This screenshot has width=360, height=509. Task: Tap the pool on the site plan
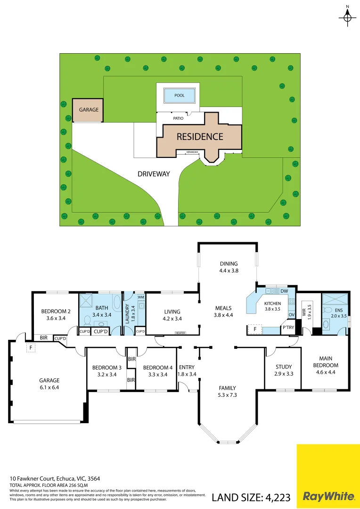pos(180,96)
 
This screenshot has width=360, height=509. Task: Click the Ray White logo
pos(328,496)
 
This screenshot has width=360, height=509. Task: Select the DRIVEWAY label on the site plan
pos(154,174)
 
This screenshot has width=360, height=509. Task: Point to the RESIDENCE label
pos(200,137)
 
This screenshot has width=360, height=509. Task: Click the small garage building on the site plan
pos(89,110)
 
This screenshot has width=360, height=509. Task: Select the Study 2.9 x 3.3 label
pos(283,369)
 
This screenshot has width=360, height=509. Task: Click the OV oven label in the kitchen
pos(291,315)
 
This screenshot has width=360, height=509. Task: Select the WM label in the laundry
pos(140,297)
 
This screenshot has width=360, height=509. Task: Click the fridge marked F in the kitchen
pos(255,329)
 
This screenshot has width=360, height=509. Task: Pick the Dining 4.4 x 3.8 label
pos(229,267)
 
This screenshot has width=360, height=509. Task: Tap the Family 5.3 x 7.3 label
pos(227,391)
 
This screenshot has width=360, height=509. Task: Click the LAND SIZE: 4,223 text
pos(251,497)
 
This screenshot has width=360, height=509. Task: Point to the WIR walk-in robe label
pos(303,313)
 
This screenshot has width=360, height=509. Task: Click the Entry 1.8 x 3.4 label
pos(187,370)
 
